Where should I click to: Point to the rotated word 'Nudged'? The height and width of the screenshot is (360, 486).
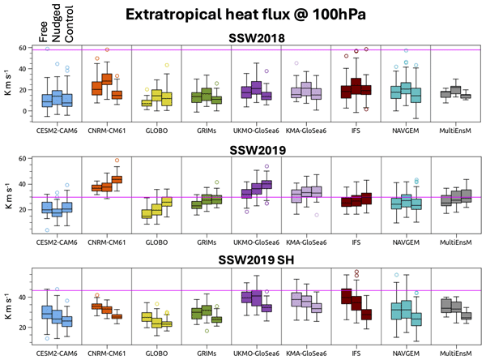coord(58,23)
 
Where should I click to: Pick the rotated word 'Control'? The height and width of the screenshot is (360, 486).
coord(70,22)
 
